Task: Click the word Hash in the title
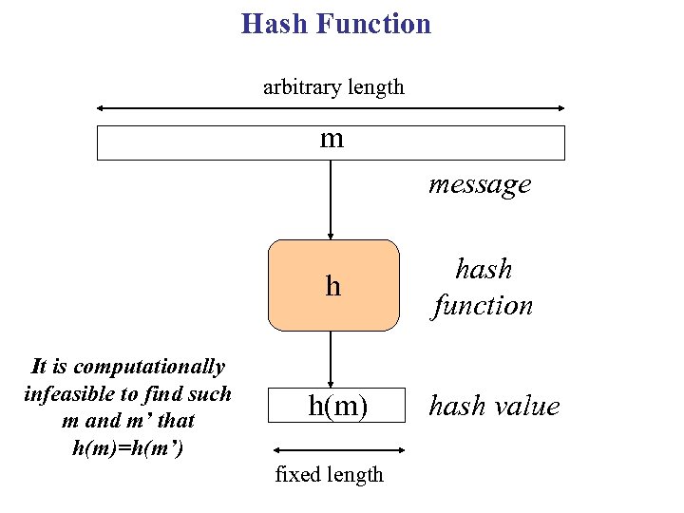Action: point(275,24)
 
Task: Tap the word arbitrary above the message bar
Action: point(298,87)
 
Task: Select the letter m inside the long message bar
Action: point(332,140)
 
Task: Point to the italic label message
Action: point(480,183)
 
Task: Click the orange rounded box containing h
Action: point(332,285)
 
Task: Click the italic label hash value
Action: point(494,406)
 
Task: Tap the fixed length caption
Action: point(329,474)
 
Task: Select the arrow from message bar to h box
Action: point(331,199)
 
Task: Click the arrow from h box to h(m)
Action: point(331,359)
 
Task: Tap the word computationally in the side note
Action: point(149,367)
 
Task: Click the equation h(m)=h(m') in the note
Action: point(126,446)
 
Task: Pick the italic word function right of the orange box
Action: point(483,305)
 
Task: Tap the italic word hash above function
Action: point(484,269)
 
